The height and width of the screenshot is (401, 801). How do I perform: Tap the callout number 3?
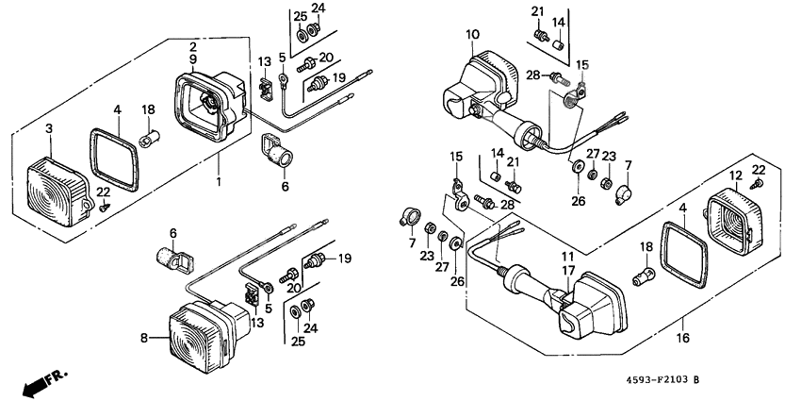pos(49,127)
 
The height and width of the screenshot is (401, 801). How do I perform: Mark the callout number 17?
pos(568,270)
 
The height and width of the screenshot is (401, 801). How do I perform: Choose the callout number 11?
pos(568,256)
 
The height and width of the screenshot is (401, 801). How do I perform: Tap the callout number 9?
pos(192,59)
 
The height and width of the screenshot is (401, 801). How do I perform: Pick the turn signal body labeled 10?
pos(481,85)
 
